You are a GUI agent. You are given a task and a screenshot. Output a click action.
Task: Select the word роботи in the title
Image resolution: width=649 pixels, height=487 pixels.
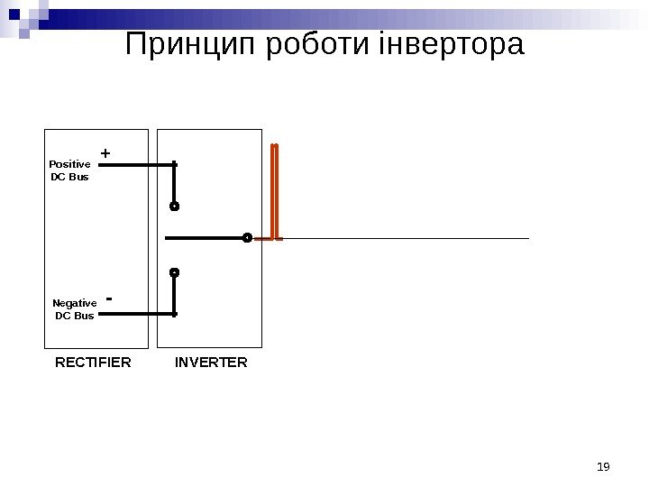pos(318,44)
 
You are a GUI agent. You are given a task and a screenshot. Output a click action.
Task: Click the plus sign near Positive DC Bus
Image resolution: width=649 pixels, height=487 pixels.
pos(105,154)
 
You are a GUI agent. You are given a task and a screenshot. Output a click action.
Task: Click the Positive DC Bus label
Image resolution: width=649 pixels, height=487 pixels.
pos(69,170)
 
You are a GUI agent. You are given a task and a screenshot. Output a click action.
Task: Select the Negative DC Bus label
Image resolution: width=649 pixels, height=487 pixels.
pos(74,309)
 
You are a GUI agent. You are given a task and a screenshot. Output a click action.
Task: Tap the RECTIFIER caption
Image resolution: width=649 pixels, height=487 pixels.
pos(93,363)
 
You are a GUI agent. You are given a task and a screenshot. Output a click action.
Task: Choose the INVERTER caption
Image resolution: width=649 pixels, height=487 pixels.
pos(211,363)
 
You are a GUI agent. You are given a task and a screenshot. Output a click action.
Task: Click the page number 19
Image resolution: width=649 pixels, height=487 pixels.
pos(604,466)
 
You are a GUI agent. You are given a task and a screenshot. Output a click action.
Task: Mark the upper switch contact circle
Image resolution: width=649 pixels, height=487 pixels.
pos(175,207)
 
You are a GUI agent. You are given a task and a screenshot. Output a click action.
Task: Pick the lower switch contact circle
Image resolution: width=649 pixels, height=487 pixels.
pos(175,271)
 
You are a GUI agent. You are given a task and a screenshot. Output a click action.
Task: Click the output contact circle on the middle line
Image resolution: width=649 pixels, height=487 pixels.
pos(247,238)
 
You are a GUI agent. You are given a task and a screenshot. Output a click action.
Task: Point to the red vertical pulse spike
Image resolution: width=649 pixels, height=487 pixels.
pos(275,189)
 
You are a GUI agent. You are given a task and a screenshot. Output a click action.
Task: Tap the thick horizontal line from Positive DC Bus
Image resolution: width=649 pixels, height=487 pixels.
pos(135,165)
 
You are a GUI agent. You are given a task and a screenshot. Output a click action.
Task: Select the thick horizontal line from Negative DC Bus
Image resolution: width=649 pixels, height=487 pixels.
pos(135,314)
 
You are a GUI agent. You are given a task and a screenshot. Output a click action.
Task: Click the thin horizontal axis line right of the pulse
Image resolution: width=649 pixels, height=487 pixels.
pos(406,239)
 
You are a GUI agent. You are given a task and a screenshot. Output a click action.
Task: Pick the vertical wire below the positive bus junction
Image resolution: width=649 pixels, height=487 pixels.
pos(175,185)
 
